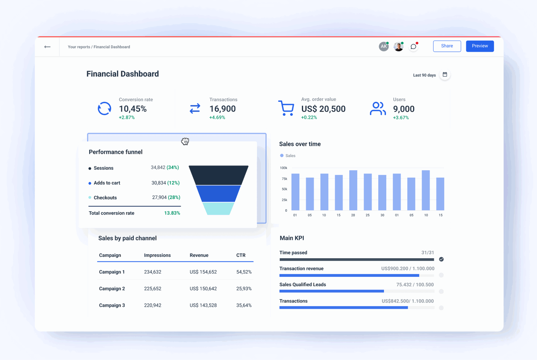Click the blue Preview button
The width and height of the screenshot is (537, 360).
tap(480, 46)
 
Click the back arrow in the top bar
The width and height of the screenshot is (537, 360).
tap(47, 47)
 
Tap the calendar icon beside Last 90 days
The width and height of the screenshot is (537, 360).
tap(445, 75)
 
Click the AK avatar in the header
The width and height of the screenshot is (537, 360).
tap(384, 47)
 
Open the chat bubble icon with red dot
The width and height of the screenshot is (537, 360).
tap(413, 47)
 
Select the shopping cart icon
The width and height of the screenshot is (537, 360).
tap(286, 108)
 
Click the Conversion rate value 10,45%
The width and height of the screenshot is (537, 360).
tap(133, 109)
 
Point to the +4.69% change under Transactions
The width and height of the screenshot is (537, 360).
tap(217, 118)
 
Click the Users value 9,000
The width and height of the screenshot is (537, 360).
tap(403, 109)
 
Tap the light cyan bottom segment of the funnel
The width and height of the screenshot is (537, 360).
tap(219, 209)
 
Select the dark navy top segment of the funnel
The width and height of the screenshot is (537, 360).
tap(219, 175)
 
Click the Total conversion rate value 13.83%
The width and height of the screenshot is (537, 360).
tap(172, 213)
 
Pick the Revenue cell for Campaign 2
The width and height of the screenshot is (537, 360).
tap(203, 289)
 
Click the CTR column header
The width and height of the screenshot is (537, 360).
tap(241, 255)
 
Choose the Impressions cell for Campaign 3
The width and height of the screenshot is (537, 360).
tap(152, 305)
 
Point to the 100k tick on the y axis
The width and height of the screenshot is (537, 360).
tap(284, 168)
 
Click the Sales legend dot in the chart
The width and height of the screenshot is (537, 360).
tap(282, 156)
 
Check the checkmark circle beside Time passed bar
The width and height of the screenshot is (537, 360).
tap(441, 259)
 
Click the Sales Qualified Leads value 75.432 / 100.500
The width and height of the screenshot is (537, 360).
tap(415, 285)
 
